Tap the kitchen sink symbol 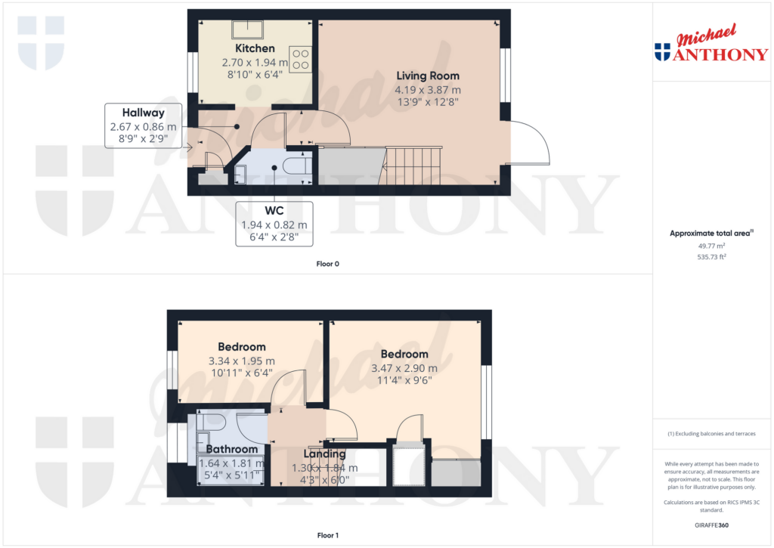246,29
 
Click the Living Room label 427,76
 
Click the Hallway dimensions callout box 144,125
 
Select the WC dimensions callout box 274,224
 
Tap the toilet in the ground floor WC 295,166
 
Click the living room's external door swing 529,143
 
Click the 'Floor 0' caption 327,265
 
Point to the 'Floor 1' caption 327,536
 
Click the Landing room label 324,454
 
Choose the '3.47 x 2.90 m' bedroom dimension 404,368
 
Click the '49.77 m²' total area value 711,246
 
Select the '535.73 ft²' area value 711,257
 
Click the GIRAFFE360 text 711,525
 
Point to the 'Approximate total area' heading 711,234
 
